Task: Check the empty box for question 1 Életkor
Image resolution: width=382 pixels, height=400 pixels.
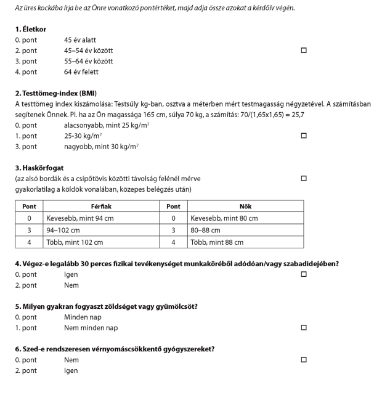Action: [x=304, y=50]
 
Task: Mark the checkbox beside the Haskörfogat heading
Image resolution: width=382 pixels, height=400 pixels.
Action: [x=304, y=178]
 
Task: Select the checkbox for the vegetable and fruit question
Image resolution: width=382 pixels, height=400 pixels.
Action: [x=304, y=328]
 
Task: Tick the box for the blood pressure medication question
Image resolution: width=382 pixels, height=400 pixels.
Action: [x=304, y=359]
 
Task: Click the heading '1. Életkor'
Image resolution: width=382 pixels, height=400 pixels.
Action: [x=31, y=29]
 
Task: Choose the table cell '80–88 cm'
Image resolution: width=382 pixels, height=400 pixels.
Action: [x=205, y=230]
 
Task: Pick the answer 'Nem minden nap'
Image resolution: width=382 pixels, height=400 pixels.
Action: [x=91, y=328]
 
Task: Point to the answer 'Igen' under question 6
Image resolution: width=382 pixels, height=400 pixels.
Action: [x=71, y=370]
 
